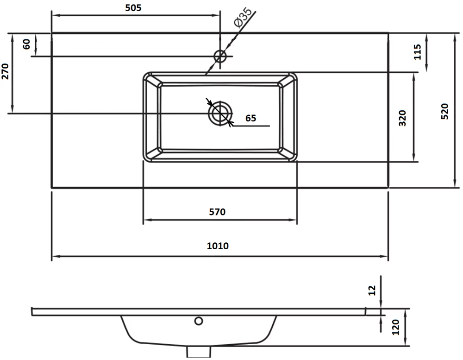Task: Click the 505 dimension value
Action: (x=133, y=8)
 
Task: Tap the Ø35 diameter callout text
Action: (x=243, y=18)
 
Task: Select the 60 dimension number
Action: (x=26, y=44)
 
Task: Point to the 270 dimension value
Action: (x=5, y=71)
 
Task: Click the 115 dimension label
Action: (x=417, y=52)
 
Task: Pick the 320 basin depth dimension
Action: (x=402, y=118)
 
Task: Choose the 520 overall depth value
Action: (x=444, y=111)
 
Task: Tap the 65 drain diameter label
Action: (x=250, y=118)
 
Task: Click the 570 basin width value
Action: (x=217, y=212)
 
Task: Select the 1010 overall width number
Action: (x=218, y=246)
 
